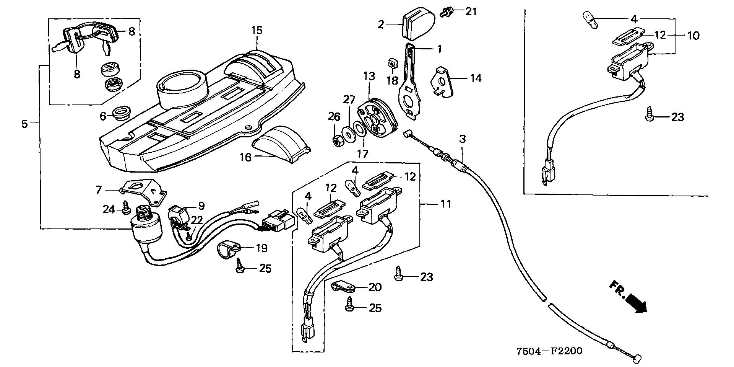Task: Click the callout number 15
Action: coord(257,30)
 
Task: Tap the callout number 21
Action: coord(471,12)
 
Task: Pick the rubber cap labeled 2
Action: coord(419,25)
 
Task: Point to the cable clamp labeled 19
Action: coord(228,250)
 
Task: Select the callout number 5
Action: coord(24,124)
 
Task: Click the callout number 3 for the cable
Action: coord(463,139)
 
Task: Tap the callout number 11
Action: coord(445,204)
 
